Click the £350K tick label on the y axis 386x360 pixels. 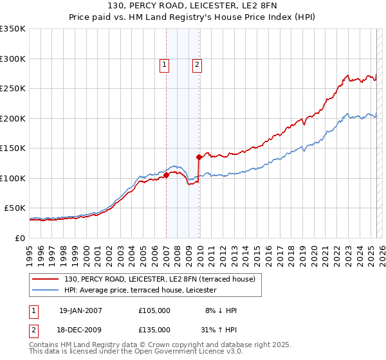pyautogui.click(x=13, y=29)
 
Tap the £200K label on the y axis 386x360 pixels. pyautogui.click(x=13, y=118)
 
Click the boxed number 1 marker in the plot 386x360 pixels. pyautogui.click(x=165, y=64)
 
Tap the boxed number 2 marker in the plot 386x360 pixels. pyautogui.click(x=197, y=64)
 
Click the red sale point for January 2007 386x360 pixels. pyautogui.click(x=166, y=175)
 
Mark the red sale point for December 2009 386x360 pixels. pyautogui.click(x=199, y=157)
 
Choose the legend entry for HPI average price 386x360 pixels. pyautogui.click(x=140, y=291)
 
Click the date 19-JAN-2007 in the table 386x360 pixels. pyautogui.click(x=80, y=310)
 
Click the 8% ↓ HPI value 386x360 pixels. pyautogui.click(x=221, y=310)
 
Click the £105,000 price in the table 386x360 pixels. pyautogui.click(x=154, y=310)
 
